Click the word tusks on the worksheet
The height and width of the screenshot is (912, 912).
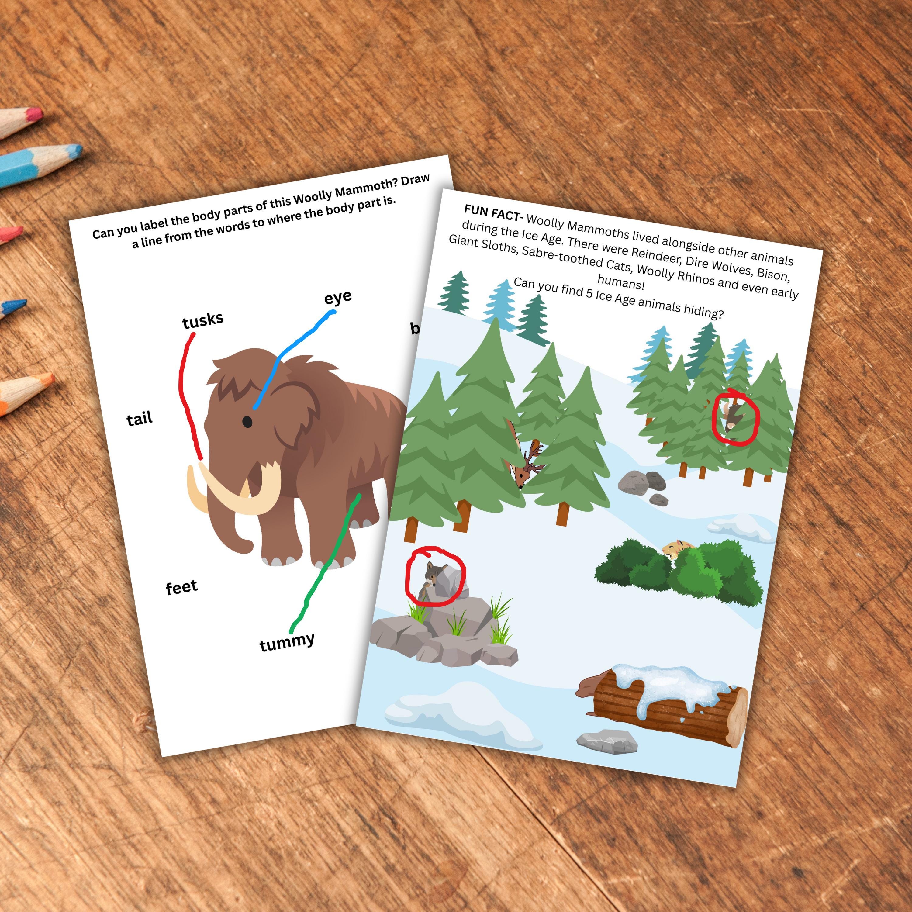tap(203, 320)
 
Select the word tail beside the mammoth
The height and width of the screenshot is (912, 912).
tap(140, 419)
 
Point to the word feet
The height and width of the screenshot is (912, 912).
tap(182, 588)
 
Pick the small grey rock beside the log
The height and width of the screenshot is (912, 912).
tap(606, 741)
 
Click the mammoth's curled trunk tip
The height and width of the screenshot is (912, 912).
tap(245, 548)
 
